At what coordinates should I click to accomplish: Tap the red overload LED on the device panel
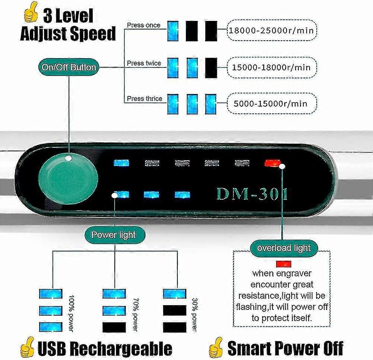[269, 163]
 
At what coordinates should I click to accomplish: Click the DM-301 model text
[252, 194]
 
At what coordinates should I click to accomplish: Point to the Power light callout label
[114, 235]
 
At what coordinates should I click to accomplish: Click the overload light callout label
[284, 248]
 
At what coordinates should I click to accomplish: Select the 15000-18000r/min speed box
[272, 68]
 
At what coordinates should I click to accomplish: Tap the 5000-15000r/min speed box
[272, 103]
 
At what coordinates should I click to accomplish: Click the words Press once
[143, 25]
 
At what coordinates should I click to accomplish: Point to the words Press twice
[144, 63]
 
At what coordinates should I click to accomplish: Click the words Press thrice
[144, 98]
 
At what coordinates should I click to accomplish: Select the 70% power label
[135, 313]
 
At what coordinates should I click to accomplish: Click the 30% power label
[194, 313]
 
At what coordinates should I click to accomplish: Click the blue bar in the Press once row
[173, 31]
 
